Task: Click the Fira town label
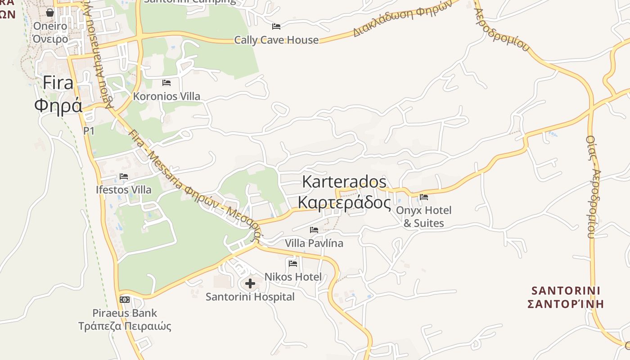point(58,83)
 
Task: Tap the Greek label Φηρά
point(58,105)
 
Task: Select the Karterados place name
point(344,182)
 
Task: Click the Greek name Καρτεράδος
point(344,203)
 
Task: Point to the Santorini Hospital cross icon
point(250,283)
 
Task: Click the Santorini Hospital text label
point(250,297)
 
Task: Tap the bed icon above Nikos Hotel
point(293,263)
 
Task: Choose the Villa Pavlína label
point(314,243)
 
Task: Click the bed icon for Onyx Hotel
point(423,197)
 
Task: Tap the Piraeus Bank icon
point(125,299)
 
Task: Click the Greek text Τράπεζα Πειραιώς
point(125,326)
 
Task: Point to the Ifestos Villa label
point(124,189)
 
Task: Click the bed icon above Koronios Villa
point(166,83)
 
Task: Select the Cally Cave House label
point(276,40)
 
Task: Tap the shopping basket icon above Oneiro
point(50,13)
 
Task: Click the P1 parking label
point(89,130)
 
